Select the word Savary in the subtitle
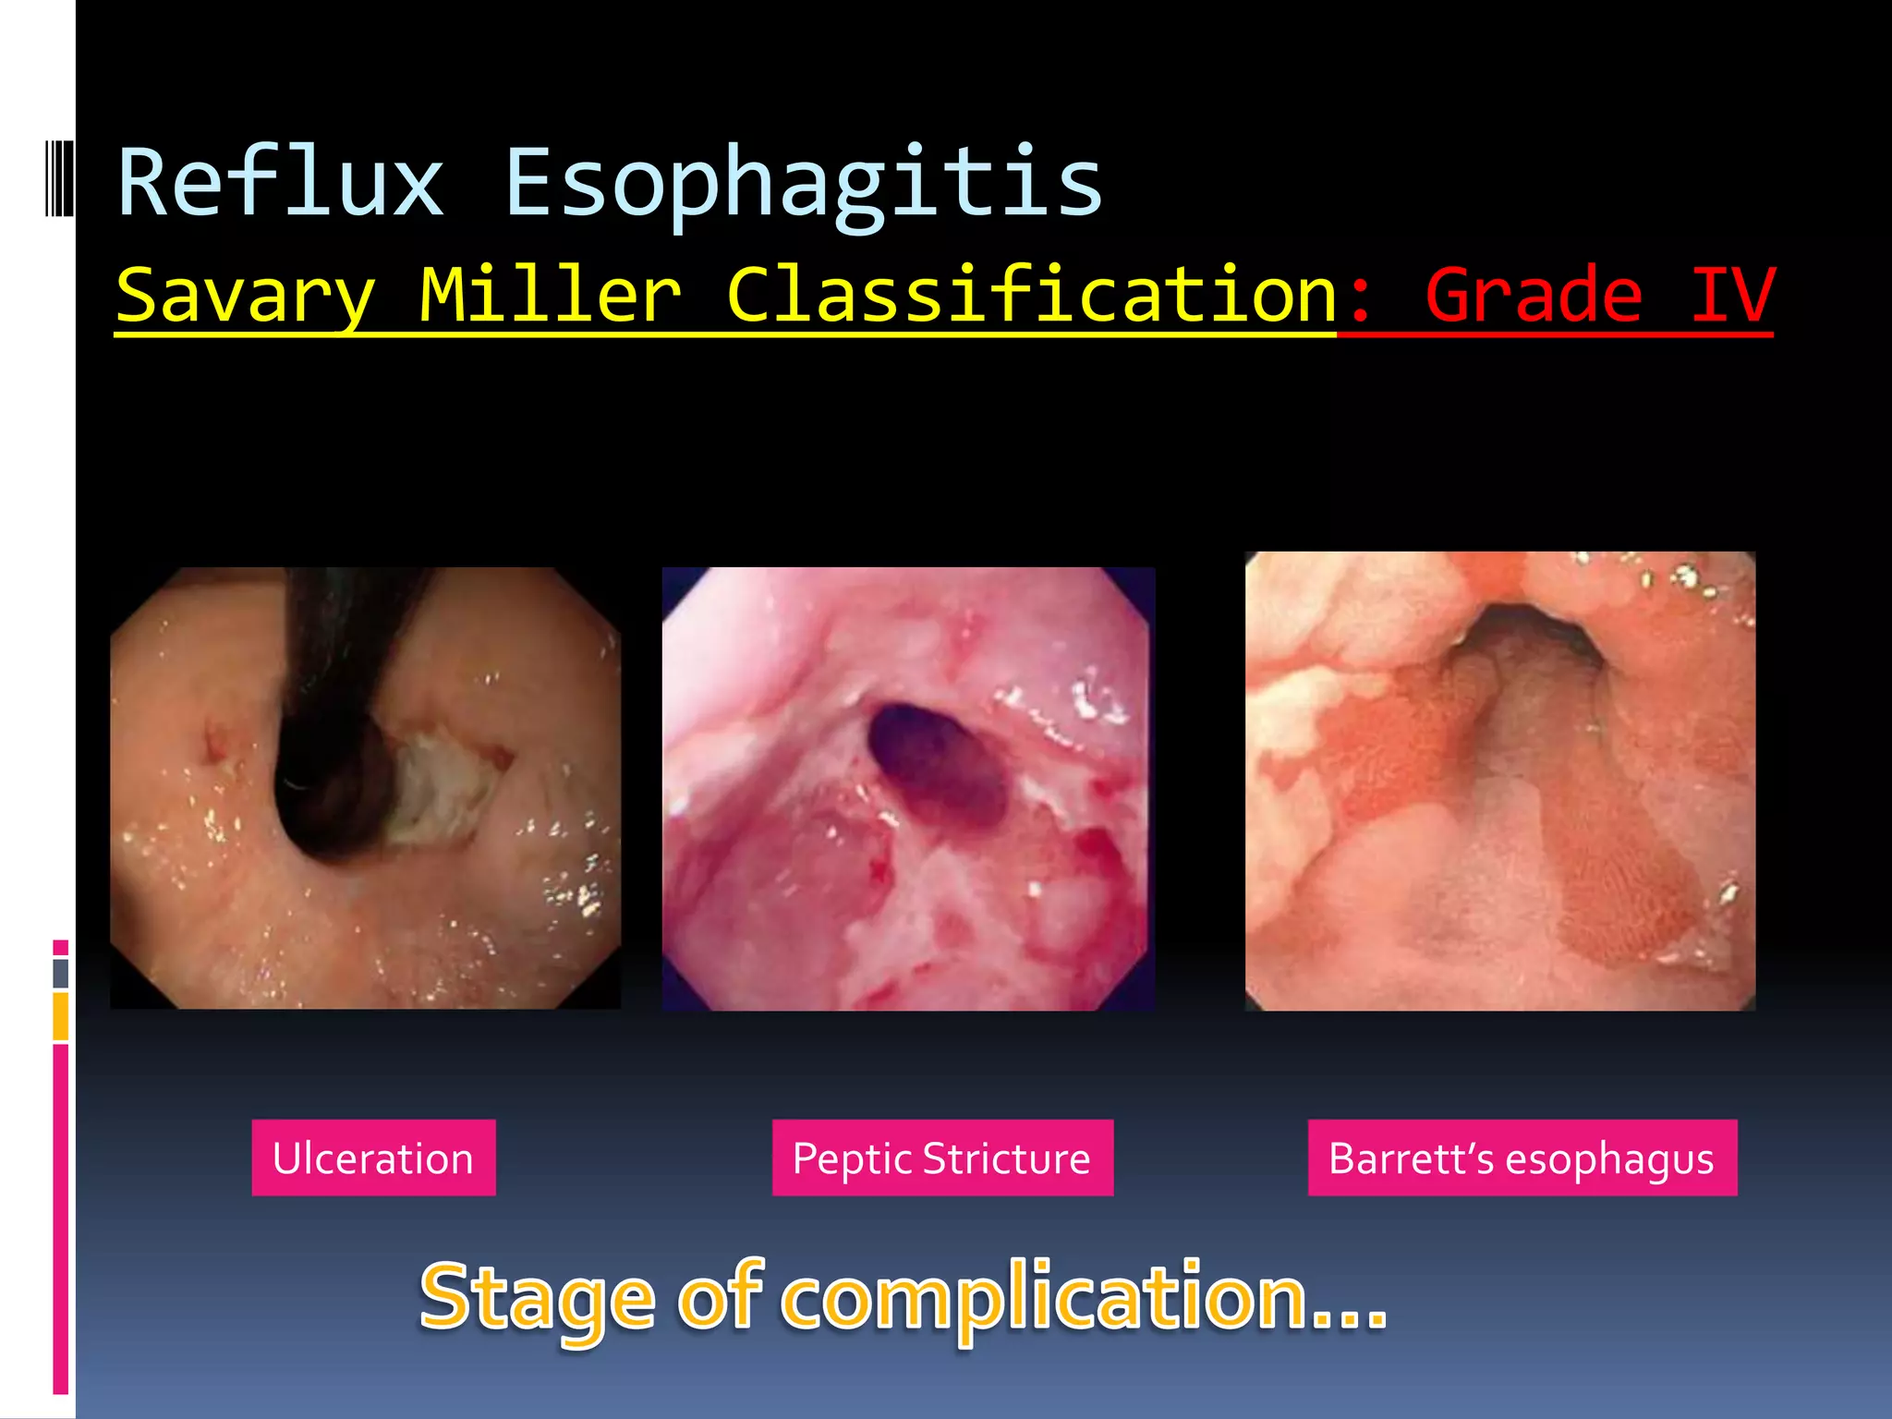(x=246, y=296)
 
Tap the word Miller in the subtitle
(x=551, y=296)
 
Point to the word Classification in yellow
(x=1032, y=296)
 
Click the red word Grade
(x=1534, y=296)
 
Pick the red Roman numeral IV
(x=1731, y=296)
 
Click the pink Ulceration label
(x=373, y=1158)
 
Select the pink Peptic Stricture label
(x=942, y=1158)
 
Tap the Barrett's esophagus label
(x=1522, y=1158)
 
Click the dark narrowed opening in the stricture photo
(x=938, y=762)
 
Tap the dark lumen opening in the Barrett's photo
(x=1524, y=637)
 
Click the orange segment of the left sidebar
(x=61, y=1015)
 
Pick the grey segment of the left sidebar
(x=61, y=973)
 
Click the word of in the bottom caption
(x=721, y=1297)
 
